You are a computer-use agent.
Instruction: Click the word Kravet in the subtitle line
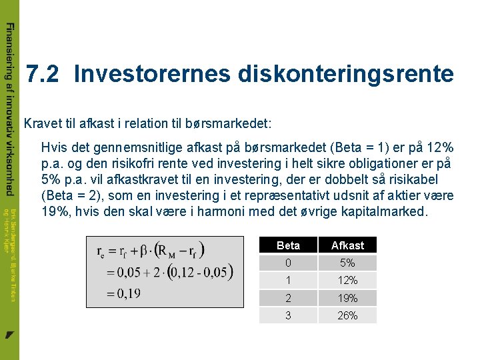click(42, 123)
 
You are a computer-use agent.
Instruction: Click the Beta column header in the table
click(288, 245)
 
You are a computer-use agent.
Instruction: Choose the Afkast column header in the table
click(347, 245)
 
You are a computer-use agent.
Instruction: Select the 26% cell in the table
click(347, 315)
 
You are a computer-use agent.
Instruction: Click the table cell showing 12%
click(347, 280)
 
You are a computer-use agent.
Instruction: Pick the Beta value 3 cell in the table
click(288, 315)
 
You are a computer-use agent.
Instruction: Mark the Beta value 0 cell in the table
click(288, 263)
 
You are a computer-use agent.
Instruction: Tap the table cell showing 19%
click(347, 298)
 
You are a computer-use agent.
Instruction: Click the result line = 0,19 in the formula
click(120, 294)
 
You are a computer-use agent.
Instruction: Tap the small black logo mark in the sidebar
click(9, 333)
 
